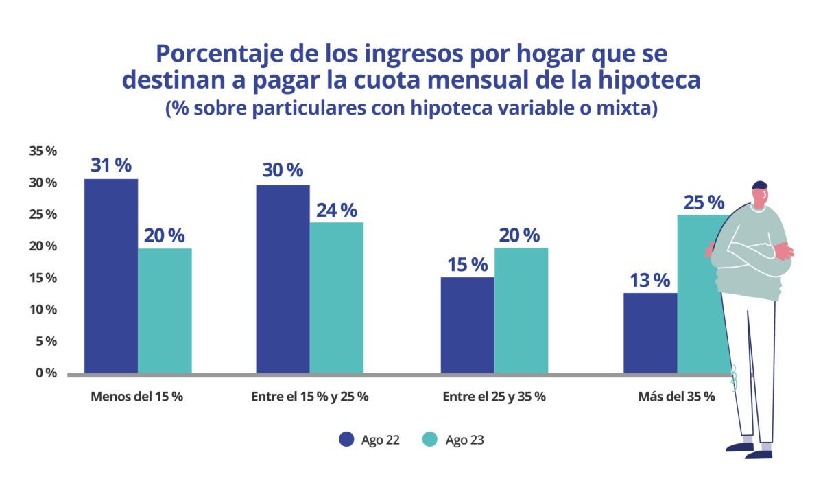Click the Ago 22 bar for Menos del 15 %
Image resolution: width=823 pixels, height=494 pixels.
111,276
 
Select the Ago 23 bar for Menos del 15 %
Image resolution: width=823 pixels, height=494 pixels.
165,311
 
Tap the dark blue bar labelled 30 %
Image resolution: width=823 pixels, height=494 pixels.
283,279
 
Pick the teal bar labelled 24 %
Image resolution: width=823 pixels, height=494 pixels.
336,298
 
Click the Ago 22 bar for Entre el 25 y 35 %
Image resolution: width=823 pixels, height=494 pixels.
467,325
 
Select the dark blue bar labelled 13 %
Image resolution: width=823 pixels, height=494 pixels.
650,333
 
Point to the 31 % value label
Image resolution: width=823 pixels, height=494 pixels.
111,165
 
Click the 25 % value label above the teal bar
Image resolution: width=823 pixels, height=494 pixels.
704,202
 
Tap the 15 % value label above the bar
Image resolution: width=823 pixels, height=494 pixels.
467,264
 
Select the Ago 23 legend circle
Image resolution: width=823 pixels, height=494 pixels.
430,440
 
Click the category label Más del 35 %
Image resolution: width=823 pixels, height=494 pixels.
676,397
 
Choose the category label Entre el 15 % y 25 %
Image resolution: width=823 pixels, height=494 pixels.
310,397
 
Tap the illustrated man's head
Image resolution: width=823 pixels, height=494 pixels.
759,195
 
